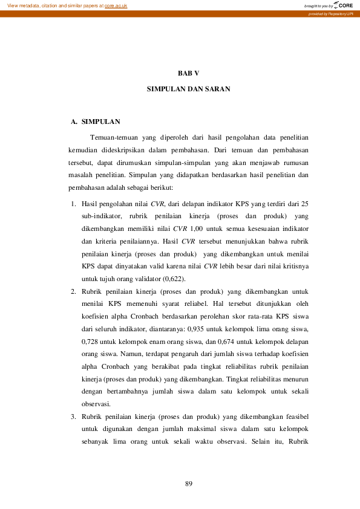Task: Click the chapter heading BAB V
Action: [x=188, y=73]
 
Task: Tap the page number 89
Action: [x=188, y=484]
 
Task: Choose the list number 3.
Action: [x=72, y=417]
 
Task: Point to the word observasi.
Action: [x=96, y=404]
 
